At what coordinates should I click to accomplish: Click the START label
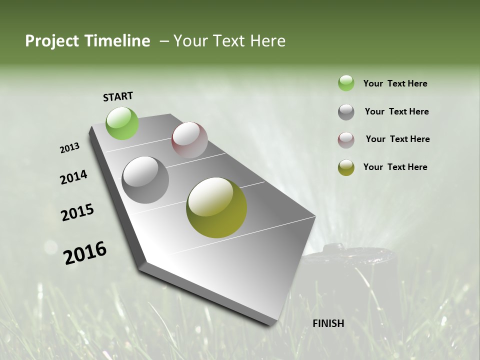point(118,96)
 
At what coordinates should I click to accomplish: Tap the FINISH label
point(328,323)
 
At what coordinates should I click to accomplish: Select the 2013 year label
point(70,148)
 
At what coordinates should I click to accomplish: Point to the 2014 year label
point(73,177)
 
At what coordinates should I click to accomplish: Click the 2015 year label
point(77,212)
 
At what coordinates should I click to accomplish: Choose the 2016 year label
point(85,253)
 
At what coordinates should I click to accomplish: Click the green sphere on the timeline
point(122,123)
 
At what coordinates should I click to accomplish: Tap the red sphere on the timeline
point(189,140)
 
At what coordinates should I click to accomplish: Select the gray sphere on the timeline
point(145,180)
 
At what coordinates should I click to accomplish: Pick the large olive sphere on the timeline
point(216,207)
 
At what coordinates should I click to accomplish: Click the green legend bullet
point(346,83)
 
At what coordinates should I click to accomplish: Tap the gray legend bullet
point(346,112)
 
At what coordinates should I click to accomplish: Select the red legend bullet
point(346,140)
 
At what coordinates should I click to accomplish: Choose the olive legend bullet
point(346,167)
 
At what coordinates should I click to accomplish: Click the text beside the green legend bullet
point(395,83)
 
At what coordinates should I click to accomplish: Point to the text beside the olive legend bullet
point(395,167)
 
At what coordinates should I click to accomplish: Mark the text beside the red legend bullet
point(397,139)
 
